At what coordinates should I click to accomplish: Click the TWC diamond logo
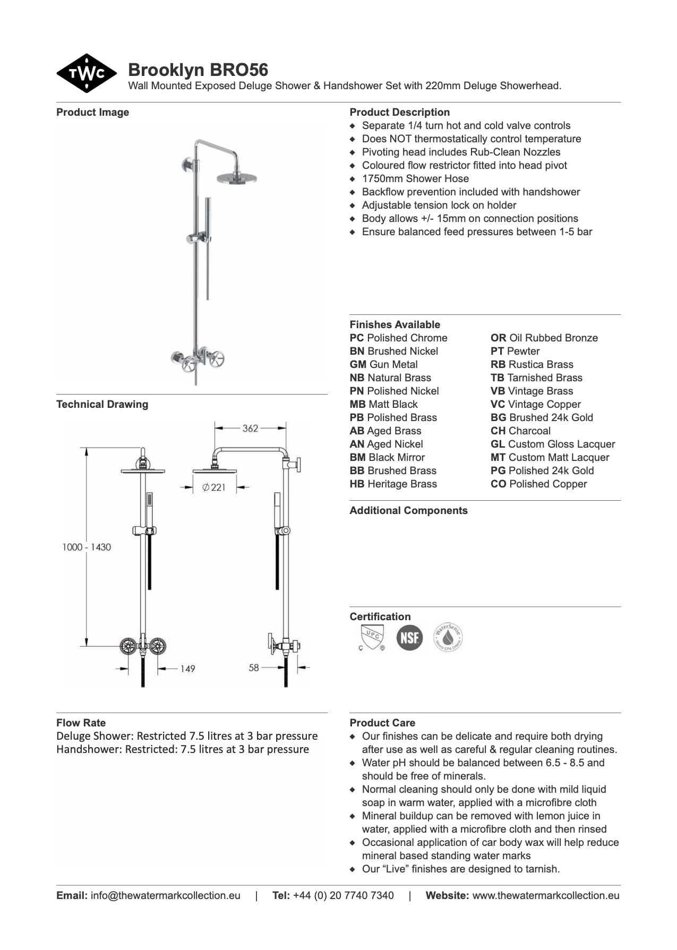87,73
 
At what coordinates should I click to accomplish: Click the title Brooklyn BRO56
198,70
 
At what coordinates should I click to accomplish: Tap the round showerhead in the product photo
236,177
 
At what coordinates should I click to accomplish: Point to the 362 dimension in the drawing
250,429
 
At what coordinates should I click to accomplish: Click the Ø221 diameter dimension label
214,487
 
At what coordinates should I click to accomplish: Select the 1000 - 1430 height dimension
87,547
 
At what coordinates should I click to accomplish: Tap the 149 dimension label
187,669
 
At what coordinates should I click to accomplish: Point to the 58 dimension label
254,667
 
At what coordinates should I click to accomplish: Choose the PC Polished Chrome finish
398,338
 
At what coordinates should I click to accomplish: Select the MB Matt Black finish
383,404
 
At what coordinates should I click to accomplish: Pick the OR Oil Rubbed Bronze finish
544,338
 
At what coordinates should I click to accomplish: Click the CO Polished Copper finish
538,484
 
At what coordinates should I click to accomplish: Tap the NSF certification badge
409,637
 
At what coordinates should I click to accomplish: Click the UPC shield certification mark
371,637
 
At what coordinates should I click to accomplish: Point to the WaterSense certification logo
448,637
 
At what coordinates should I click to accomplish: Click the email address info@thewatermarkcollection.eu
165,895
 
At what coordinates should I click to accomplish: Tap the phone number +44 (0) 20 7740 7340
343,895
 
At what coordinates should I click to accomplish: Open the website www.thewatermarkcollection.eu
545,895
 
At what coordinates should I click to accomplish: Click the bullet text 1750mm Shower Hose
415,178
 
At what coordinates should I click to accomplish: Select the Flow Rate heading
81,723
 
